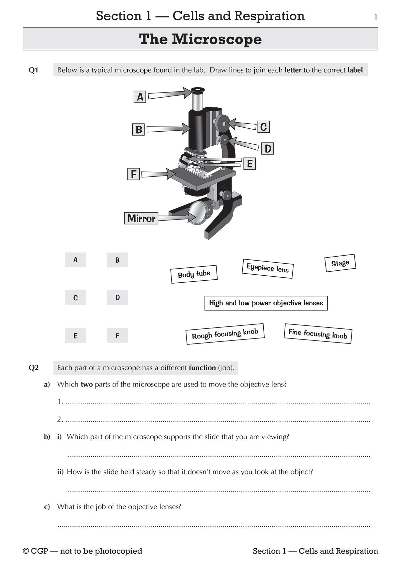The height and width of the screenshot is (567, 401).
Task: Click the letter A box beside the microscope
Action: pyautogui.click(x=140, y=97)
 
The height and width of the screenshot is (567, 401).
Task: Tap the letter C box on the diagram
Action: pyautogui.click(x=263, y=127)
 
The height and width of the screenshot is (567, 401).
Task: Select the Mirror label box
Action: pyautogui.click(x=141, y=218)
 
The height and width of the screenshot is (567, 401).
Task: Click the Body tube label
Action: pyautogui.click(x=194, y=274)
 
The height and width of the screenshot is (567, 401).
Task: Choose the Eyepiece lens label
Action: pyautogui.click(x=267, y=268)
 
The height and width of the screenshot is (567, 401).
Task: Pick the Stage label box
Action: pyautogui.click(x=340, y=263)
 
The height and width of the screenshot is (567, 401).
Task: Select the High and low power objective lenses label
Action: pyautogui.click(x=266, y=303)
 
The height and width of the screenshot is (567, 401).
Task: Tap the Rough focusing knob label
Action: pyautogui.click(x=225, y=334)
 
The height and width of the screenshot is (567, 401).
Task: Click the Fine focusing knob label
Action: pyautogui.click(x=318, y=334)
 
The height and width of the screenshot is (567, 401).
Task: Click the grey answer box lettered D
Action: pyautogui.click(x=117, y=297)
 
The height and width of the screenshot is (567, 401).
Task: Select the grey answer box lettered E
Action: pyautogui.click(x=76, y=335)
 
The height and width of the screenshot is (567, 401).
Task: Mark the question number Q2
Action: pyautogui.click(x=34, y=368)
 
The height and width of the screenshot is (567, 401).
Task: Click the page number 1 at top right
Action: pyautogui.click(x=376, y=17)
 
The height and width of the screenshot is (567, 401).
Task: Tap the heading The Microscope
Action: pyautogui.click(x=200, y=39)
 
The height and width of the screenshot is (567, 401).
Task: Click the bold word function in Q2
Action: pyautogui.click(x=202, y=368)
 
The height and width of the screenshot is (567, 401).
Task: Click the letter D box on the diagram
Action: pyautogui.click(x=268, y=148)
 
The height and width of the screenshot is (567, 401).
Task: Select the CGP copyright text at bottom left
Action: pyautogui.click(x=83, y=551)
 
